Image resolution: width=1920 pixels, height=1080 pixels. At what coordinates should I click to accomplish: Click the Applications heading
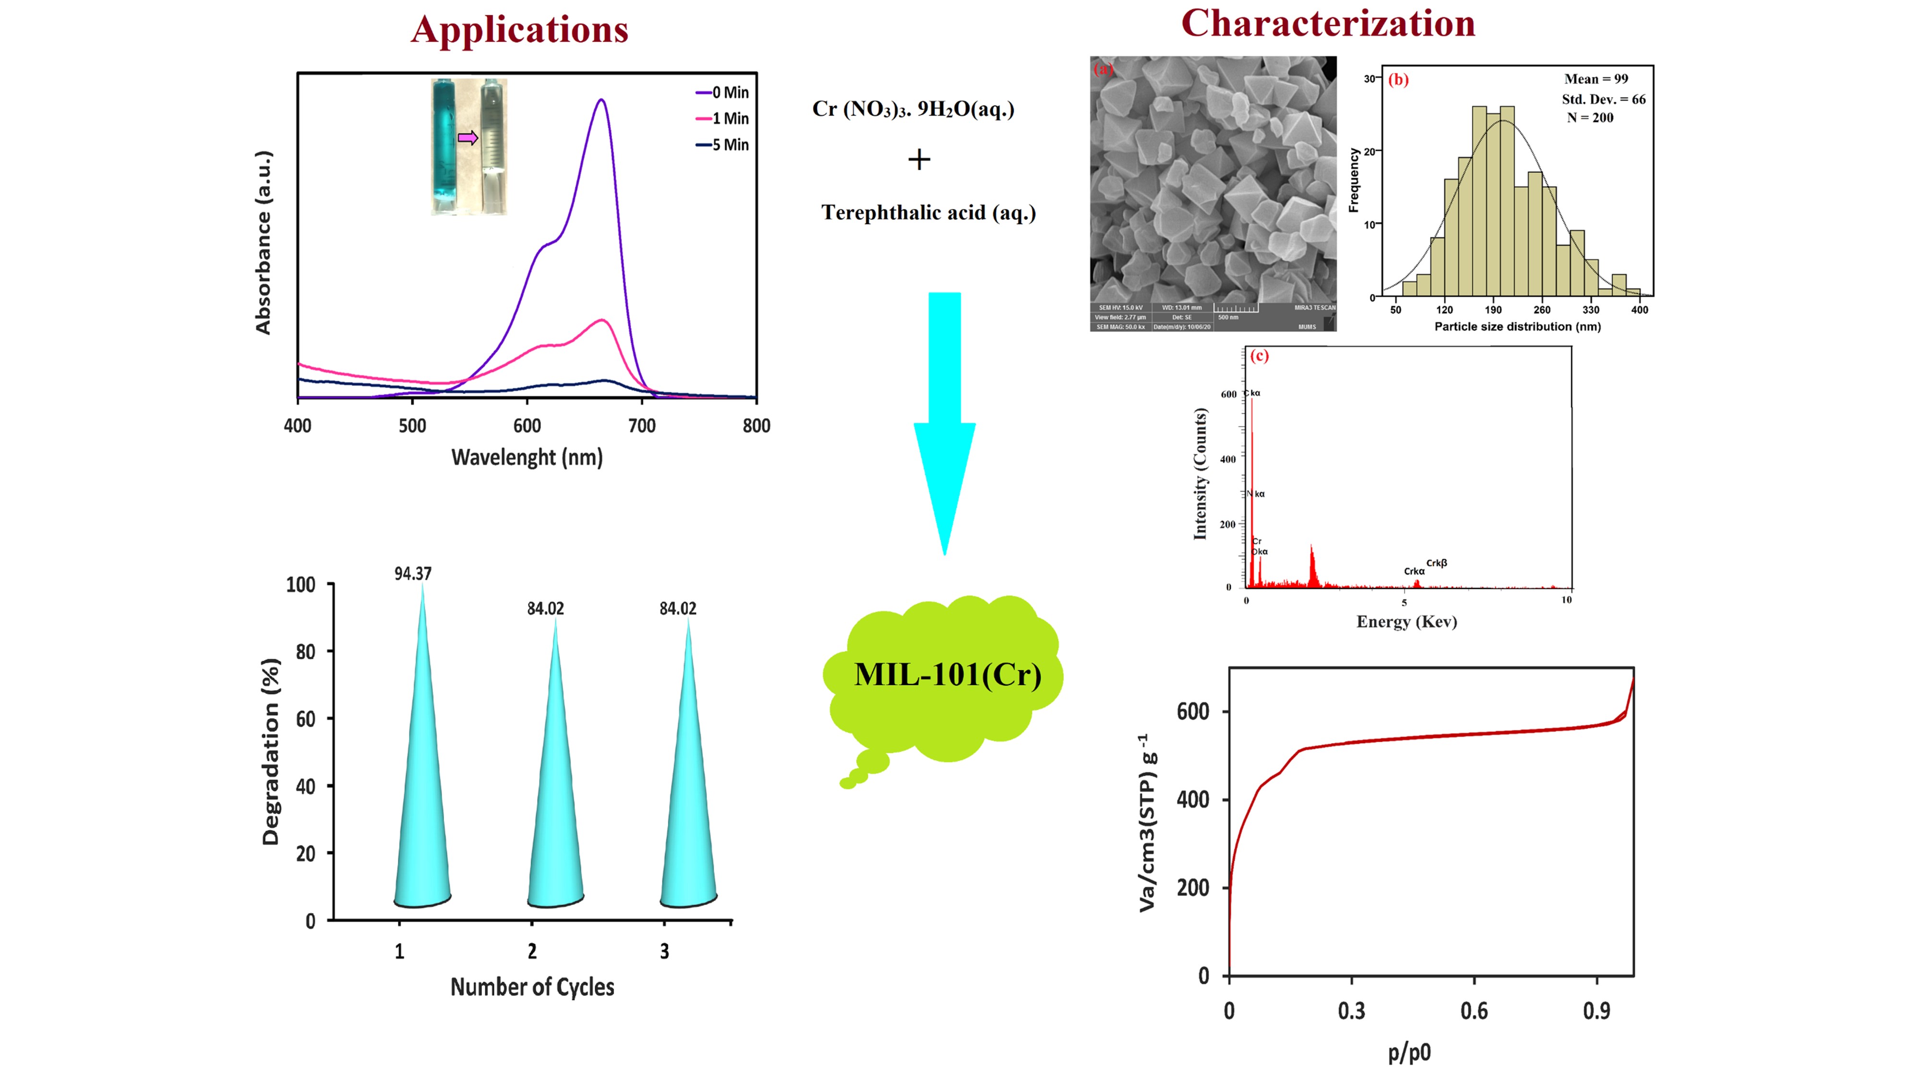coord(519,30)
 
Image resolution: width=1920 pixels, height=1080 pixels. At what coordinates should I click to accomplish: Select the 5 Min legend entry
coord(722,144)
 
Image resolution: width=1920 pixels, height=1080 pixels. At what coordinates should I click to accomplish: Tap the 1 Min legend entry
coord(722,119)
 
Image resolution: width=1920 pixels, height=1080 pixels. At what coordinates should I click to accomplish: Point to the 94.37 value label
coord(413,573)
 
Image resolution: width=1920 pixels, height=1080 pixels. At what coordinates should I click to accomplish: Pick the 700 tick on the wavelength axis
coord(642,426)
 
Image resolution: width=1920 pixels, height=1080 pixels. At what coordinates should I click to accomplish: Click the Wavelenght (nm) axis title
coord(527,457)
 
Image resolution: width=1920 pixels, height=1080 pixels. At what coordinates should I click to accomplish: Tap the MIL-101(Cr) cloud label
coord(948,674)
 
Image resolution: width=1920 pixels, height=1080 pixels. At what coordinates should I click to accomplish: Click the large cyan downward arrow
coord(944,418)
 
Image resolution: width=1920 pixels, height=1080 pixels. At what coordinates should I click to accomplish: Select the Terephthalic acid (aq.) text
coord(928,213)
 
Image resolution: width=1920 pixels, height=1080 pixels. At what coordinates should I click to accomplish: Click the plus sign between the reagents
coord(919,159)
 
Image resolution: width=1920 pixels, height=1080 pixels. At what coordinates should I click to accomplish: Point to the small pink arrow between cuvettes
coord(468,137)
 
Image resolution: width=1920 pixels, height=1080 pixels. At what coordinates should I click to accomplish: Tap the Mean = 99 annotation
coord(1596,79)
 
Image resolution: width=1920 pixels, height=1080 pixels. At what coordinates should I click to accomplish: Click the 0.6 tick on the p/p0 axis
coord(1474,1011)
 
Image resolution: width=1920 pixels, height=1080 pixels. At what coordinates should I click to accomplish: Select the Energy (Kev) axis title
coord(1406,622)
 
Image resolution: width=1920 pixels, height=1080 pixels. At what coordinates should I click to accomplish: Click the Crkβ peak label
coord(1436,563)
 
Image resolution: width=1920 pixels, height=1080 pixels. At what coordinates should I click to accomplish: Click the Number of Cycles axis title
coord(532,987)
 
